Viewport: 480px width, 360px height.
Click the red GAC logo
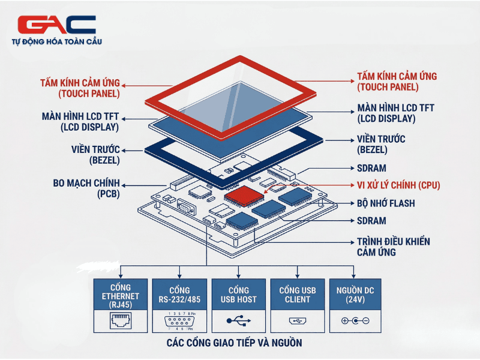tap(57, 24)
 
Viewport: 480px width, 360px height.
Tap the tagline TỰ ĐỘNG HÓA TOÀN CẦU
tap(57, 41)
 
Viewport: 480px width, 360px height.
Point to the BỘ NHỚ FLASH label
tap(386, 203)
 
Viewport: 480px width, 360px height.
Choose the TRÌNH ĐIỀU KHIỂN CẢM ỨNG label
tap(393, 247)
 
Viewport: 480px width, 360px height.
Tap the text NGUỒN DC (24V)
tap(356, 294)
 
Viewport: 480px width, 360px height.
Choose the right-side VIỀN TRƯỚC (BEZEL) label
tap(381, 144)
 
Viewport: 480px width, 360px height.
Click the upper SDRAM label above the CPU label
tap(371, 168)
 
